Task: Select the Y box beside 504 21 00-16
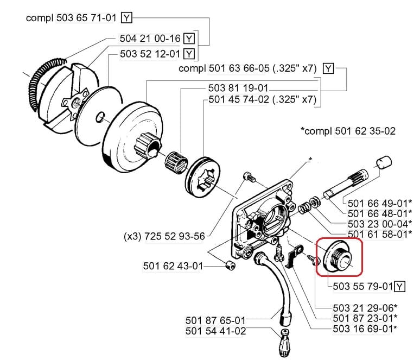tap(188, 39)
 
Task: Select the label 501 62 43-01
tap(173, 266)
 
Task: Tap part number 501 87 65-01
tap(215, 321)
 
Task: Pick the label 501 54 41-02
tap(215, 331)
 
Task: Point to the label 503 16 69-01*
tap(365, 329)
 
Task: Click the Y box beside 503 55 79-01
tap(400, 286)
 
